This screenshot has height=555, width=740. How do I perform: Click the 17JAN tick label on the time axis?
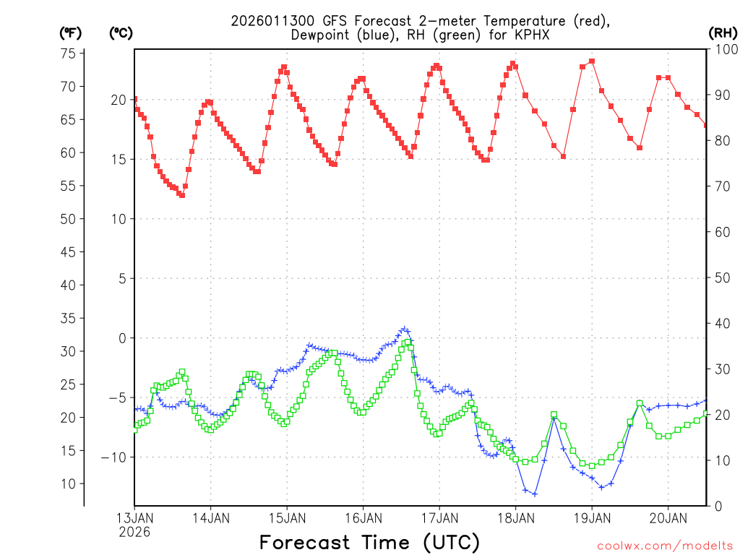click(x=439, y=517)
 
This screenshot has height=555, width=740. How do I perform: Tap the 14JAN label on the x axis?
click(x=210, y=517)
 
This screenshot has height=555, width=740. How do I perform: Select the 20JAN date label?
click(x=667, y=517)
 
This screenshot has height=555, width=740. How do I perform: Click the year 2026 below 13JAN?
click(x=134, y=532)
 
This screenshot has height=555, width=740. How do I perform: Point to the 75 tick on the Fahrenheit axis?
click(x=68, y=53)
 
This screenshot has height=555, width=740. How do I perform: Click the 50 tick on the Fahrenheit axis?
click(x=68, y=219)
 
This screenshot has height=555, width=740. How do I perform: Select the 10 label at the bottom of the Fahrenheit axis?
click(x=68, y=483)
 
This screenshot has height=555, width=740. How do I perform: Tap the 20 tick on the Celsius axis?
click(x=118, y=100)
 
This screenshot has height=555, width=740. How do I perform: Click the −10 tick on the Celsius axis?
click(x=114, y=457)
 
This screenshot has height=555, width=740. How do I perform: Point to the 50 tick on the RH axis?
click(x=721, y=277)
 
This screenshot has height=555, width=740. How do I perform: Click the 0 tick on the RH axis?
click(x=718, y=506)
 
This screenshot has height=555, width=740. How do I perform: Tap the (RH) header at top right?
click(x=722, y=33)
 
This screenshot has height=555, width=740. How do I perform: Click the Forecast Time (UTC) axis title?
click(x=369, y=542)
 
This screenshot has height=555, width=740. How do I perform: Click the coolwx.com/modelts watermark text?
click(x=665, y=546)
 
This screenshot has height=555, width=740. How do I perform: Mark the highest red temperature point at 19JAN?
click(x=592, y=61)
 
